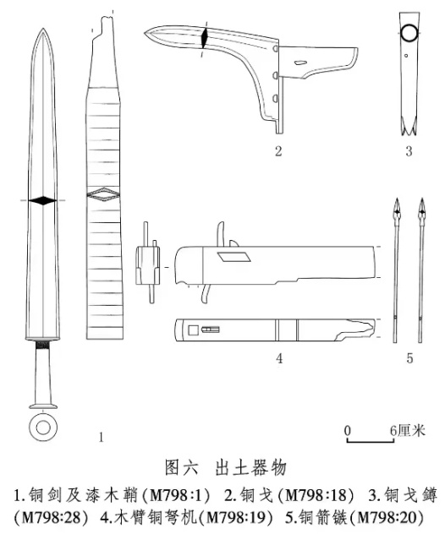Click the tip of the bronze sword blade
tap(43, 29)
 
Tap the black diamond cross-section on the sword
tap(42, 200)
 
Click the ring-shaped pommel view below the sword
tap(43, 428)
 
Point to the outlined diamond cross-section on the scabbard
tap(104, 194)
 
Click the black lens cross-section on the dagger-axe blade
tap(204, 36)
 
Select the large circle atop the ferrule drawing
tap(409, 33)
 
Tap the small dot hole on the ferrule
tap(406, 55)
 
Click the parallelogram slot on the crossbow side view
tap(234, 256)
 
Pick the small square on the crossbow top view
tap(194, 330)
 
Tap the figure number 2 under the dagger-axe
tap(278, 151)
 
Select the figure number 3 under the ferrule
tap(409, 151)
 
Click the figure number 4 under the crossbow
tap(279, 358)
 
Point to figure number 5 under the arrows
tap(409, 358)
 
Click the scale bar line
tap(371, 441)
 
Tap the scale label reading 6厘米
tap(408, 431)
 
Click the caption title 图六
tap(182, 467)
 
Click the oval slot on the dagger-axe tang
tap(300, 63)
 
